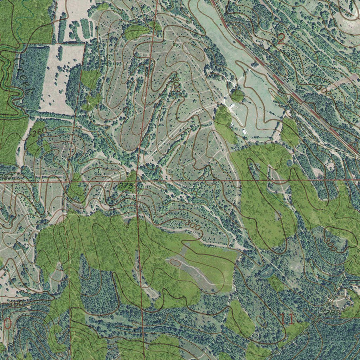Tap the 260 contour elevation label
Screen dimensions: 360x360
pos(39,133)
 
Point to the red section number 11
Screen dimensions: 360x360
pos(288,319)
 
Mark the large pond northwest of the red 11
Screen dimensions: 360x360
pos(267,271)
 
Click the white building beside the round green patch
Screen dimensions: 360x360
pos(232,105)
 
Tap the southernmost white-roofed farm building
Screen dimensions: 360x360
pos(244,131)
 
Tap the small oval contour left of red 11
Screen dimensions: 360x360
pos(261,320)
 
